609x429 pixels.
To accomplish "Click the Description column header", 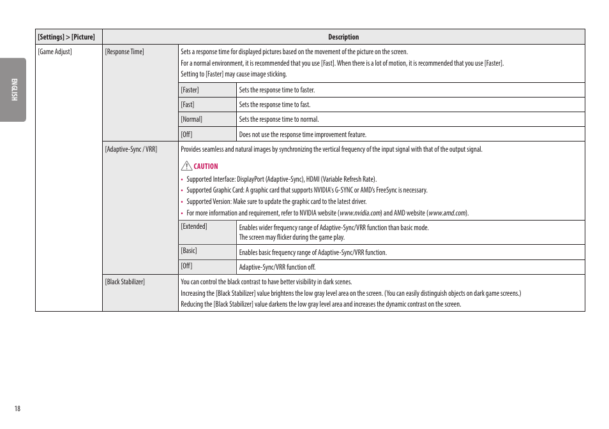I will pyautogui.click(x=343, y=37).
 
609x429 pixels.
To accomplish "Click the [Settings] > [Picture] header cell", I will pyautogui.click(x=66, y=37).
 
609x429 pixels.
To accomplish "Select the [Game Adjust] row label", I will pyautogui.click(x=55, y=52).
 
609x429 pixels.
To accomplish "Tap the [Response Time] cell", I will pyautogui.click(x=124, y=52).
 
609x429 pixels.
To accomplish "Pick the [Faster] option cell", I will pyautogui.click(x=190, y=90).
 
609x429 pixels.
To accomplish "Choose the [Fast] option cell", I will pyautogui.click(x=188, y=105).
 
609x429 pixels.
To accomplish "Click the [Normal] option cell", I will pyautogui.click(x=192, y=119).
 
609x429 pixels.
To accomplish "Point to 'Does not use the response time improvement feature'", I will pyautogui.click(x=303, y=135).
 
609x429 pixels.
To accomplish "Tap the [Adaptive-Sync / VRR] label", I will pyautogui.click(x=131, y=149).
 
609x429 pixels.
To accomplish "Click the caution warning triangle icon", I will pyautogui.click(x=186, y=166).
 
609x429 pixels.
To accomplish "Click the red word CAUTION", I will pyautogui.click(x=206, y=166).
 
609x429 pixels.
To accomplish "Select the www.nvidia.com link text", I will pyautogui.click(x=360, y=213).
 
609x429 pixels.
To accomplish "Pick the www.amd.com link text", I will pyautogui.click(x=447, y=213).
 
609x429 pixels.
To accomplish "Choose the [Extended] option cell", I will pyautogui.click(x=194, y=226).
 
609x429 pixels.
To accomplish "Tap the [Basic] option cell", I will pyautogui.click(x=189, y=251).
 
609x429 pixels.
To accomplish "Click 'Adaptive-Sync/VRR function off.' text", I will pyautogui.click(x=277, y=267).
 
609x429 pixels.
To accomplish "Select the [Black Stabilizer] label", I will pyautogui.click(x=125, y=282).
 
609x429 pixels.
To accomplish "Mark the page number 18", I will pyautogui.click(x=17, y=409).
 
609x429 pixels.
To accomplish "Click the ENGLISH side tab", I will pyautogui.click(x=13, y=90).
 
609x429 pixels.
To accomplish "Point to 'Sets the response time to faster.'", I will pyautogui.click(x=277, y=90).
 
